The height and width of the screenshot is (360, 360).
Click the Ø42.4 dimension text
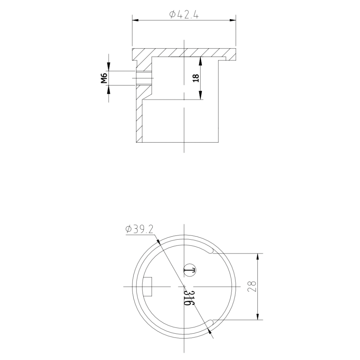[x=184, y=15]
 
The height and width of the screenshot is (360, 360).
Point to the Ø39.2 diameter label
[x=140, y=229]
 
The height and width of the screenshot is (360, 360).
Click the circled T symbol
[x=190, y=270]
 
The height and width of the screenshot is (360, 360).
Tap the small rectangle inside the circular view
[x=148, y=287]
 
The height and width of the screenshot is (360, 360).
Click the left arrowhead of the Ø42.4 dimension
[x=135, y=20]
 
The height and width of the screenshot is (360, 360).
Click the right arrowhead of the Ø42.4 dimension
[x=233, y=20]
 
